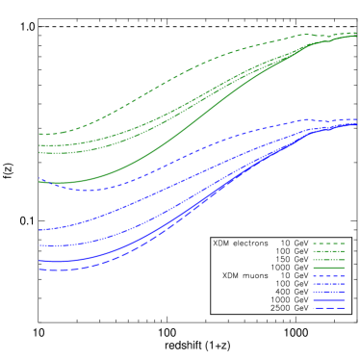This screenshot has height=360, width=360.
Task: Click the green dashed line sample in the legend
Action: tap(328, 244)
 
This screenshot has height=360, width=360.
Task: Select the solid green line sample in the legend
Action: tap(328, 268)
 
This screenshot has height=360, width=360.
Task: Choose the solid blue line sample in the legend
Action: tap(328, 300)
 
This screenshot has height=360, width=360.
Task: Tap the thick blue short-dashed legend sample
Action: tap(328, 276)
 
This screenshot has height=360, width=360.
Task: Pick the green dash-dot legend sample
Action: tap(328, 251)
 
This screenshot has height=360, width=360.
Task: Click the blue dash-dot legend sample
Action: tap(328, 284)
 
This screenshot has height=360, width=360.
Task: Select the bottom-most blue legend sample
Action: tap(328, 309)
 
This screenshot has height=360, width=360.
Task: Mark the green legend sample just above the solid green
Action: tap(328, 260)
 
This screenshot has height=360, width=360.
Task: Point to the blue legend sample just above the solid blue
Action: tap(328, 293)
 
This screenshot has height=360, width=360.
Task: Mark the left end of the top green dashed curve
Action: tap(39, 134)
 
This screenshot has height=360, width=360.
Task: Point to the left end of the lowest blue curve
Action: tap(39, 270)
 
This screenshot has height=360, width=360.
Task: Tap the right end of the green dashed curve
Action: tap(357, 33)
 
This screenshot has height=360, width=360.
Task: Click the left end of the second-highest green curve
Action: tap(39, 145)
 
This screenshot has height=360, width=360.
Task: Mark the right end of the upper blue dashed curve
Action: tap(357, 119)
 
